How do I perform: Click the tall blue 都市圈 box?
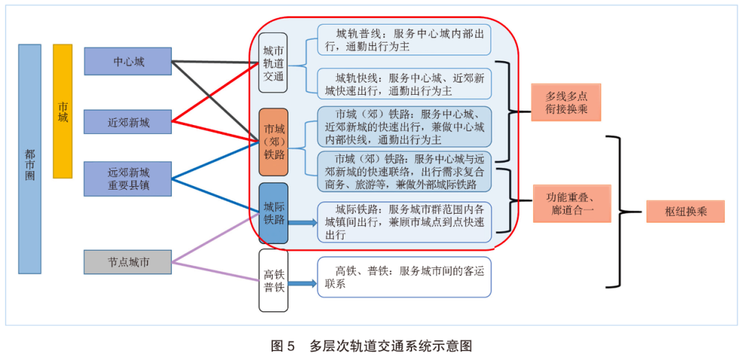pos(30,159)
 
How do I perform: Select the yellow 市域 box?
pos(63,111)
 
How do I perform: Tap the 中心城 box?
pos(128,61)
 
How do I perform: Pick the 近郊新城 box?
pos(128,122)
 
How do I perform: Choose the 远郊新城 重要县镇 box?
pos(128,179)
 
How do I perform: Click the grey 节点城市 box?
pos(128,262)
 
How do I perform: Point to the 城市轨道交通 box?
pos(273,63)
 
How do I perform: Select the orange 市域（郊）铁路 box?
pos(273,142)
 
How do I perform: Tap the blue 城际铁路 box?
pos(273,213)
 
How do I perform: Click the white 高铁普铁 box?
pos(273,280)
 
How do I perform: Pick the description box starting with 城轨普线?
pos(405,40)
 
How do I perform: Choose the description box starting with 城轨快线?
pos(405,84)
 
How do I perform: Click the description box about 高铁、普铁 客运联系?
pos(405,277)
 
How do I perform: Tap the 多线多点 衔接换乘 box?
pos(566,102)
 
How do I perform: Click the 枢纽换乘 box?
pos(685,212)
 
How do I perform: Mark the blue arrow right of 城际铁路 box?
pos(303,223)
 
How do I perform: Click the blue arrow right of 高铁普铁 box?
pos(303,283)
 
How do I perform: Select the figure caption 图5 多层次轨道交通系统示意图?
pos(371,345)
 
